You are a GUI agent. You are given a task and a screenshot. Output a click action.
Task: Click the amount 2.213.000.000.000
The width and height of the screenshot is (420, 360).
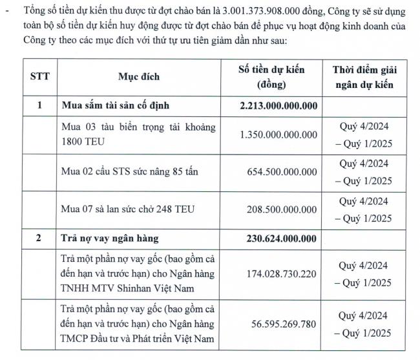[278, 105]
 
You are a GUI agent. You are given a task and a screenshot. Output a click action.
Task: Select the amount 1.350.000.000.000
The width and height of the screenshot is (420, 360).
[278, 134]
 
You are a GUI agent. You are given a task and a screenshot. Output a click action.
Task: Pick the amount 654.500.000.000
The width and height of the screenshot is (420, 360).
[282, 172]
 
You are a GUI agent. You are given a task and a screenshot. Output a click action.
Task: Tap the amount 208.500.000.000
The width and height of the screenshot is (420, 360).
[282, 209]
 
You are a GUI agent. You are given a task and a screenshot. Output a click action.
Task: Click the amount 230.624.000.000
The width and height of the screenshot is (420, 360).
[282, 238]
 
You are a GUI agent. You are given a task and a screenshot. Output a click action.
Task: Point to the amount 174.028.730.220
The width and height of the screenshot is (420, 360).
[282, 275]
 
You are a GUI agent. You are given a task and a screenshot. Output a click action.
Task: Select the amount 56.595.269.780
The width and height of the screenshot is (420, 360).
[285, 326]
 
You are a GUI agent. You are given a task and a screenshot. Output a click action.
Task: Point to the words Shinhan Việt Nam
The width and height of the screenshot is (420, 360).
[157, 288]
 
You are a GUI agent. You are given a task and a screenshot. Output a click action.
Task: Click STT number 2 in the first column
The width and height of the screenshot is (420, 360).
[39, 238]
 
